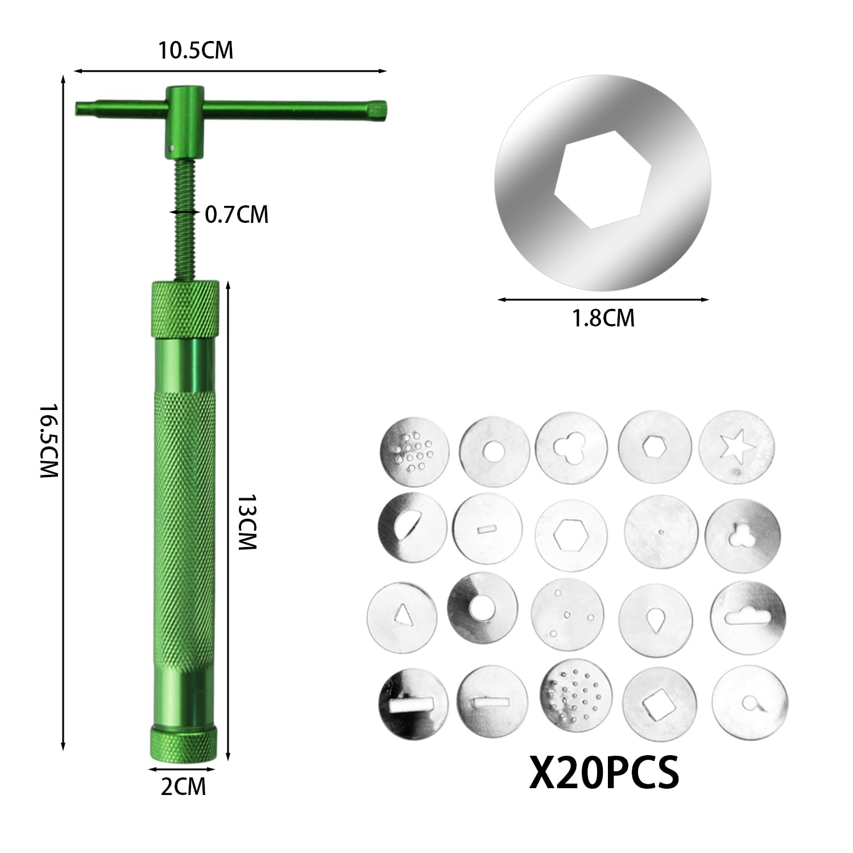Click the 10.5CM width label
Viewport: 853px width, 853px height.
[x=196, y=50]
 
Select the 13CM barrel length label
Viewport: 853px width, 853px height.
[x=247, y=521]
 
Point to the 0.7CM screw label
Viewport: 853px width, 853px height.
[x=237, y=215]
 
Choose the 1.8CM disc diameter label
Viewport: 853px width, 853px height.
[x=603, y=318]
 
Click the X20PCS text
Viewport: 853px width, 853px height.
[x=604, y=771]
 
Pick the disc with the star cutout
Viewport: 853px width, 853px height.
[x=736, y=447]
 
